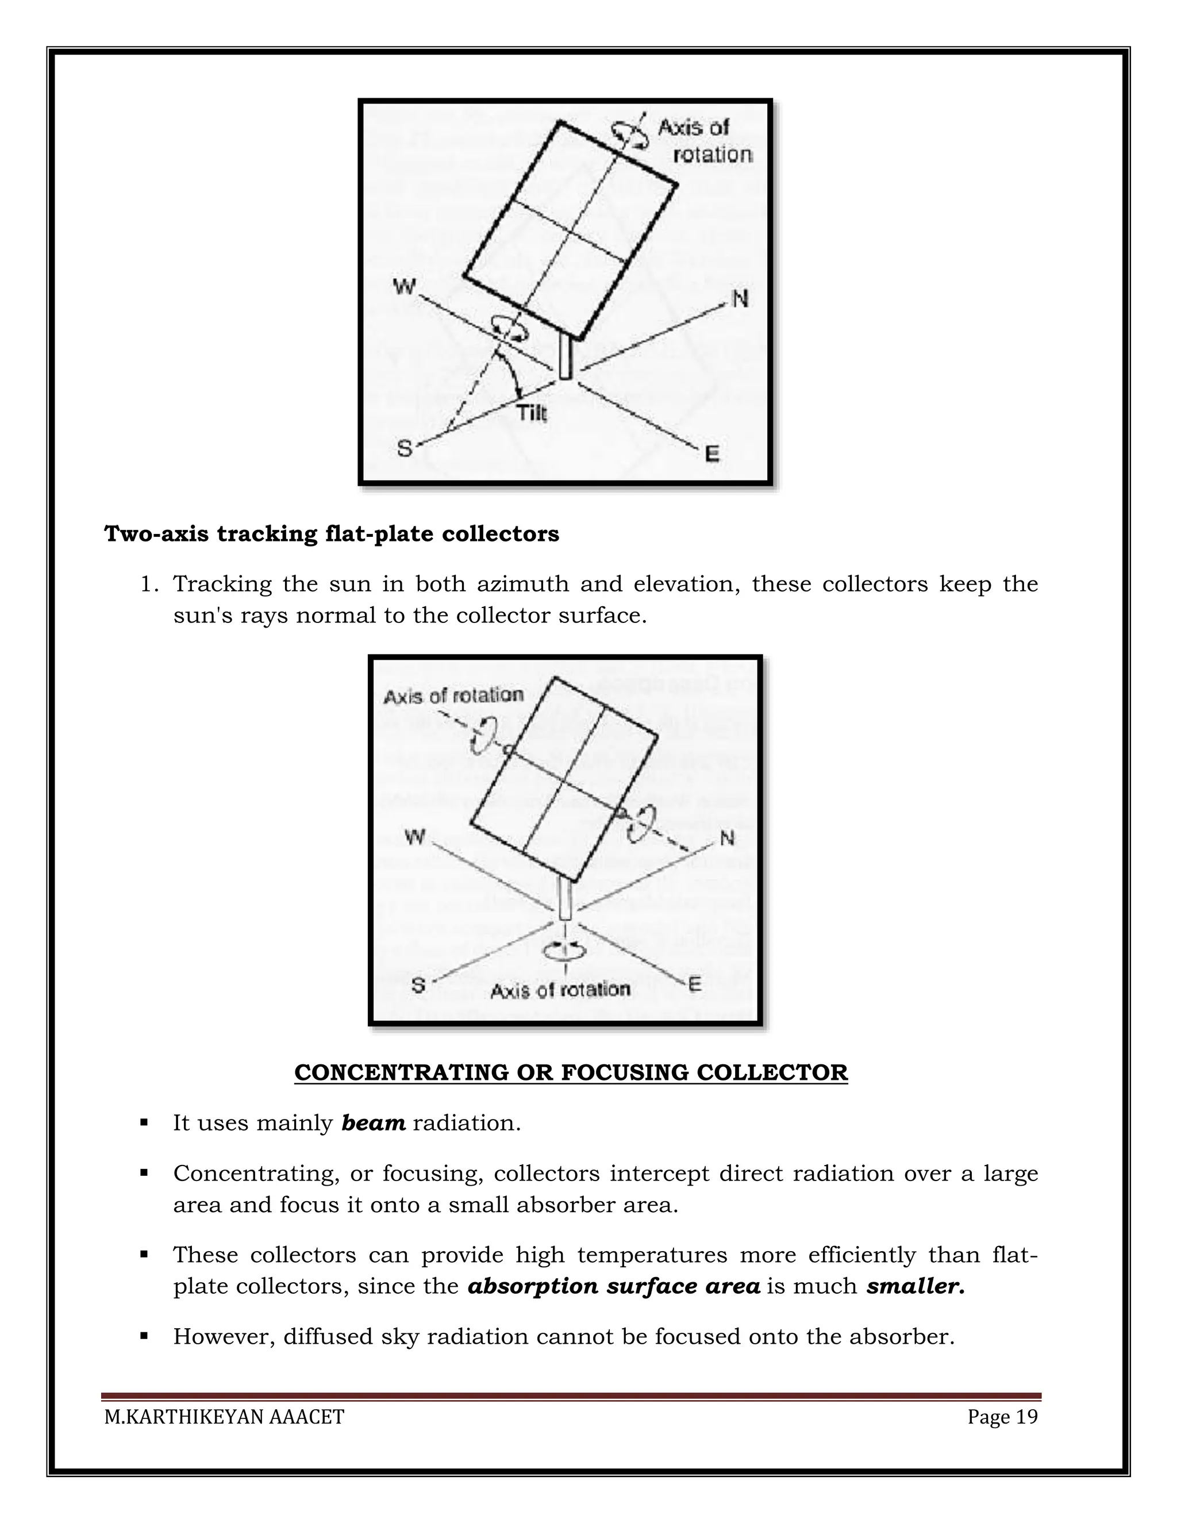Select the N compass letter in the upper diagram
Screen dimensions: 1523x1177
pyautogui.click(x=740, y=299)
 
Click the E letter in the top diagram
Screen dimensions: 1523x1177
pyautogui.click(x=712, y=454)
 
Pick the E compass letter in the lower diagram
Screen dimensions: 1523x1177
pyautogui.click(x=694, y=984)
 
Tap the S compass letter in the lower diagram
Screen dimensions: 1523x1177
pyautogui.click(x=418, y=985)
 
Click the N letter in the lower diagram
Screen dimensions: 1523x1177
pyautogui.click(x=726, y=837)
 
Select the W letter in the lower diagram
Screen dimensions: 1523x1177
pyautogui.click(x=415, y=837)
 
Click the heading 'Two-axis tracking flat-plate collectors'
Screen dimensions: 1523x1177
pyautogui.click(x=331, y=533)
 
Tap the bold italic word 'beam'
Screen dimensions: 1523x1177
pyautogui.click(x=373, y=1124)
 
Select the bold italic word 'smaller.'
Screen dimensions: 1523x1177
pyautogui.click(x=916, y=1286)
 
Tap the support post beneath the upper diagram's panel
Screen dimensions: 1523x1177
pyautogui.click(x=566, y=357)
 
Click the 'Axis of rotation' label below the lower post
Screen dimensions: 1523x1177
pyautogui.click(x=560, y=990)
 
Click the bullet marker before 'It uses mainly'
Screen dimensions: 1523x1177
pyautogui.click(x=144, y=1123)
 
